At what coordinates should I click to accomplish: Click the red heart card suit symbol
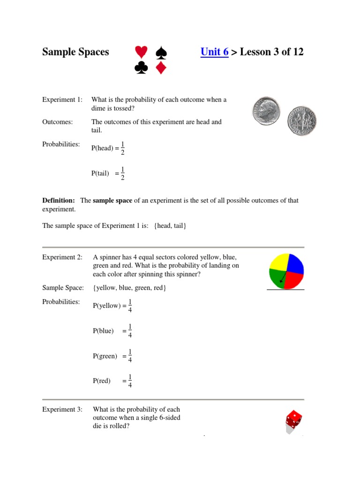[141, 52]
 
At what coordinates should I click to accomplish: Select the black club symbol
[141, 68]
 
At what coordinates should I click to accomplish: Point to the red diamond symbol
[161, 68]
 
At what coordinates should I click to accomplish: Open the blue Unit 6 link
[214, 52]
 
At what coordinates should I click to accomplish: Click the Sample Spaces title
[75, 52]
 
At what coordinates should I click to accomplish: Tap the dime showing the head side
[266, 111]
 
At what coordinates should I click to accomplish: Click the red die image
[293, 420]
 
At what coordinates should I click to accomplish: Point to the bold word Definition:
[59, 200]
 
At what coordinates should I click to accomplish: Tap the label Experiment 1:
[62, 99]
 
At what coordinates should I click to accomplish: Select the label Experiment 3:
[62, 409]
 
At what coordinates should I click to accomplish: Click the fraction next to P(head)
[122, 148]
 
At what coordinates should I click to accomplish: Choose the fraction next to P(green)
[130, 356]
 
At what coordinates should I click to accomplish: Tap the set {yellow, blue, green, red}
[129, 287]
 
